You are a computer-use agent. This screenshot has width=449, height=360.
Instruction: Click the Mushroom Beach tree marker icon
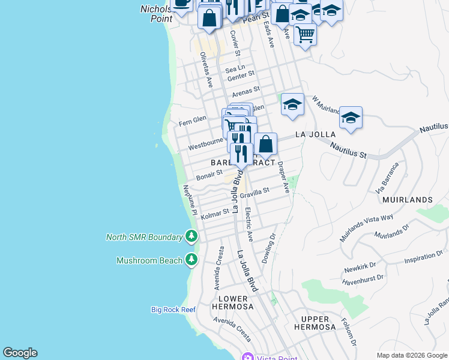[x=191, y=260]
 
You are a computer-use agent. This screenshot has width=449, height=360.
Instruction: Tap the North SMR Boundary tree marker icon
[x=191, y=236]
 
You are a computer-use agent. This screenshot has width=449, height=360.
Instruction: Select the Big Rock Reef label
[x=173, y=310]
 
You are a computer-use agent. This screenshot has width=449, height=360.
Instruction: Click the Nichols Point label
[x=157, y=14]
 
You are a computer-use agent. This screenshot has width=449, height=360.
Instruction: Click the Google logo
[x=20, y=353]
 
